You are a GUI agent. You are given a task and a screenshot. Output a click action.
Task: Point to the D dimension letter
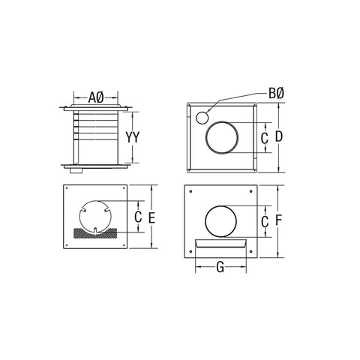[278, 137]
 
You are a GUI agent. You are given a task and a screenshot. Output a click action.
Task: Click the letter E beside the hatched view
[151, 217]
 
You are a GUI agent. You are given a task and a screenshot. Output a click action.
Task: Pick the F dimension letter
[278, 221]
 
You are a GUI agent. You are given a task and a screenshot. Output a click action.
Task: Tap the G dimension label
[220, 265]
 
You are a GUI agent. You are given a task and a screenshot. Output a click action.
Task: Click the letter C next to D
[264, 138]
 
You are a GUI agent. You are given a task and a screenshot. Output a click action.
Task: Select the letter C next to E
[137, 217]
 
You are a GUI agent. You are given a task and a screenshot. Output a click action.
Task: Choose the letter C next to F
[264, 221]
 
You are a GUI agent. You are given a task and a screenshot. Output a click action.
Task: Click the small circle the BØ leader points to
[200, 118]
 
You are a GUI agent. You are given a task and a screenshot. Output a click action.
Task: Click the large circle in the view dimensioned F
[223, 223]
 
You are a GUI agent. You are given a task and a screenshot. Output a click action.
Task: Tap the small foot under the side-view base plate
[73, 172]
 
